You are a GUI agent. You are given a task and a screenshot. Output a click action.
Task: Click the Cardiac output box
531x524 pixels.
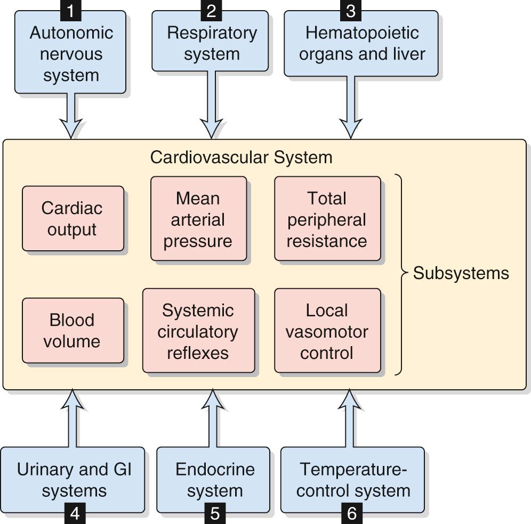coord(73,218)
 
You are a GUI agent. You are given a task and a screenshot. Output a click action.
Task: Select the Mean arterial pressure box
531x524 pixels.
coord(198,219)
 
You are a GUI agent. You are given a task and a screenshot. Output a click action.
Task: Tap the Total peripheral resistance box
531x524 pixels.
coord(327,219)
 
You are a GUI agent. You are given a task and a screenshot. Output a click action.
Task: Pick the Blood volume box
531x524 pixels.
coord(73,330)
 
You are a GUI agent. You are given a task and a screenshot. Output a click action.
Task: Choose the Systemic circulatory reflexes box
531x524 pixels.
coord(198,331)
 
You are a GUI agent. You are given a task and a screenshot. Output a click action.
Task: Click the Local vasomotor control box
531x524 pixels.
coord(327,331)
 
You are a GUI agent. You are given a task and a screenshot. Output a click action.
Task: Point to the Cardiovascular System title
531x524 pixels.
coord(241,158)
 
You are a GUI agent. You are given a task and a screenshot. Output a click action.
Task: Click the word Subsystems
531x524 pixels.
coord(461,273)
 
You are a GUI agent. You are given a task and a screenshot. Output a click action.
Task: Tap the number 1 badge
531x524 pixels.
coord(71,10)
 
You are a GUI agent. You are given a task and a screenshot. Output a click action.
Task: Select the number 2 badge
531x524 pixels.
coord(212,10)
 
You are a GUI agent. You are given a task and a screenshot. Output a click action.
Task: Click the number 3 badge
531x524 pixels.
coord(350,10)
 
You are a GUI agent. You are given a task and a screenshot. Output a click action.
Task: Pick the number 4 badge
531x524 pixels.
coord(75,513)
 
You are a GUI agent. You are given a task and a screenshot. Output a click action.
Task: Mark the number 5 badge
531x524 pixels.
coord(214,513)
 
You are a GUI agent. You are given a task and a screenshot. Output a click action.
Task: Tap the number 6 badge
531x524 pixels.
coord(351,513)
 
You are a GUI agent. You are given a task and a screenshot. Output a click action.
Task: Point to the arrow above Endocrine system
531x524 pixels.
coord(213,418)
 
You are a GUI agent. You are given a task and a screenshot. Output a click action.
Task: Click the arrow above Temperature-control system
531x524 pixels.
coord(351,418)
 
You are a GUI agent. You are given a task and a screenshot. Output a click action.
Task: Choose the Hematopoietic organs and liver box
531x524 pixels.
coord(361,44)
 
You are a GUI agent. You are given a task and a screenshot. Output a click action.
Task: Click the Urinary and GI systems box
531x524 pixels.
coord(74,479)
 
